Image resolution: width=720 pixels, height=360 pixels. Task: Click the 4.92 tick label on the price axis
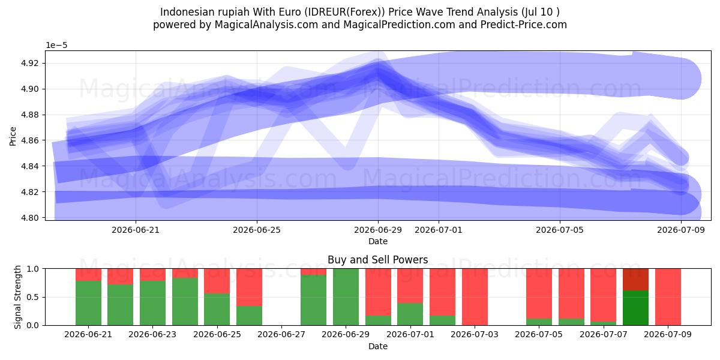click(x=29, y=63)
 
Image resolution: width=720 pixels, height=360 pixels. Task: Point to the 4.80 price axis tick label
click(x=29, y=218)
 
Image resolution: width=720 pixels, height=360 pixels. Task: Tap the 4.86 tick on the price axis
click(x=29, y=140)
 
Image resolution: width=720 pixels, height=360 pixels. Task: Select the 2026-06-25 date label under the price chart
click(x=257, y=230)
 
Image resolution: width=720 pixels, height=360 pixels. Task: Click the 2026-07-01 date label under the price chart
click(x=439, y=230)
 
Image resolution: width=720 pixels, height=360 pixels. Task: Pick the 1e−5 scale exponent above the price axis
click(x=56, y=46)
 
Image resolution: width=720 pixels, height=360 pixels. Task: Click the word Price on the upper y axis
click(x=13, y=137)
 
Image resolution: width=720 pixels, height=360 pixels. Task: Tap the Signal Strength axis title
click(x=17, y=297)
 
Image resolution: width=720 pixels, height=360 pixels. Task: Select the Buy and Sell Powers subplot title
click(x=377, y=260)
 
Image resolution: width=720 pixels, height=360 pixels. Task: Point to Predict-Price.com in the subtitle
click(x=524, y=25)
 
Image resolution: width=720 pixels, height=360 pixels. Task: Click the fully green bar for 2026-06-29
click(x=346, y=297)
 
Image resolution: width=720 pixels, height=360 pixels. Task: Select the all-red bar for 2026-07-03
click(x=475, y=297)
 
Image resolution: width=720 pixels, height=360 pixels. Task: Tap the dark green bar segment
click(x=635, y=308)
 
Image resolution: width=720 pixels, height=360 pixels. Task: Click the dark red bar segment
click(x=635, y=280)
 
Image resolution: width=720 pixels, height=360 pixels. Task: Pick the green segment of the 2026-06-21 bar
click(x=88, y=303)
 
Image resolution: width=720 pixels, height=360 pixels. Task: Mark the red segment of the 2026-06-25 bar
click(x=217, y=281)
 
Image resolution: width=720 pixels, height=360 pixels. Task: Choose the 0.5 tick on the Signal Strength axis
click(x=32, y=297)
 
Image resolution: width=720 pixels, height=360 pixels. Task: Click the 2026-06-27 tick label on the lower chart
click(x=281, y=335)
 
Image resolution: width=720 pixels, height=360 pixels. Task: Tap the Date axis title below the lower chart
click(x=377, y=347)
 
